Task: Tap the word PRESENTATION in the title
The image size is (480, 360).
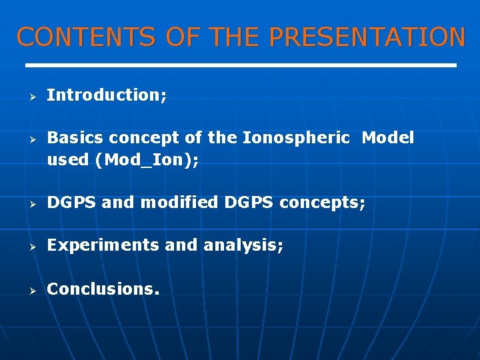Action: (367, 37)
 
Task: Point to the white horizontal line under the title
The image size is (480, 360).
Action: (240, 65)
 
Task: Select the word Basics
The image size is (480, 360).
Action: (75, 138)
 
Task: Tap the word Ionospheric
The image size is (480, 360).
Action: (295, 138)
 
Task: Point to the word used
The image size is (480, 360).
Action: (69, 160)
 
